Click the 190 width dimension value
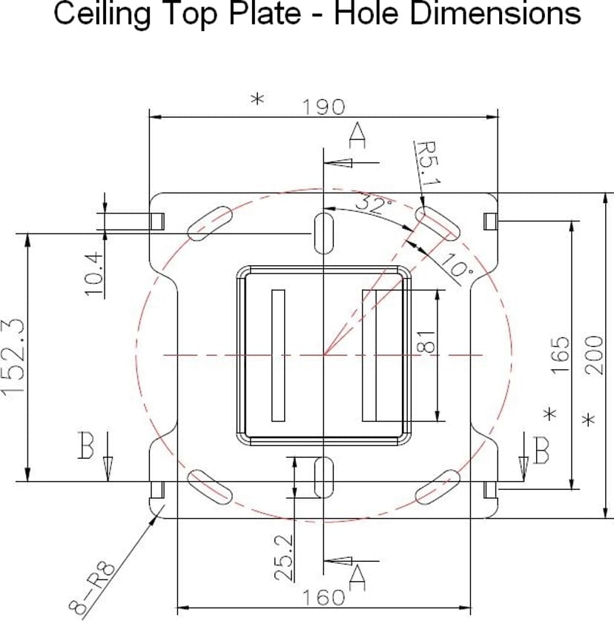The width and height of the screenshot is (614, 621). pyautogui.click(x=323, y=107)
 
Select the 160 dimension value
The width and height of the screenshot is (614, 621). pyautogui.click(x=323, y=597)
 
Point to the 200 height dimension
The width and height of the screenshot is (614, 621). pyautogui.click(x=595, y=355)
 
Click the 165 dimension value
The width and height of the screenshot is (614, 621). pyautogui.click(x=560, y=355)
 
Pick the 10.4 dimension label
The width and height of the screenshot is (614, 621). pyautogui.click(x=94, y=273)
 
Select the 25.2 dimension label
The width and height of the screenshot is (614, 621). pyautogui.click(x=284, y=557)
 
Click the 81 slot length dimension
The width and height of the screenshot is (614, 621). pyautogui.click(x=426, y=342)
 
